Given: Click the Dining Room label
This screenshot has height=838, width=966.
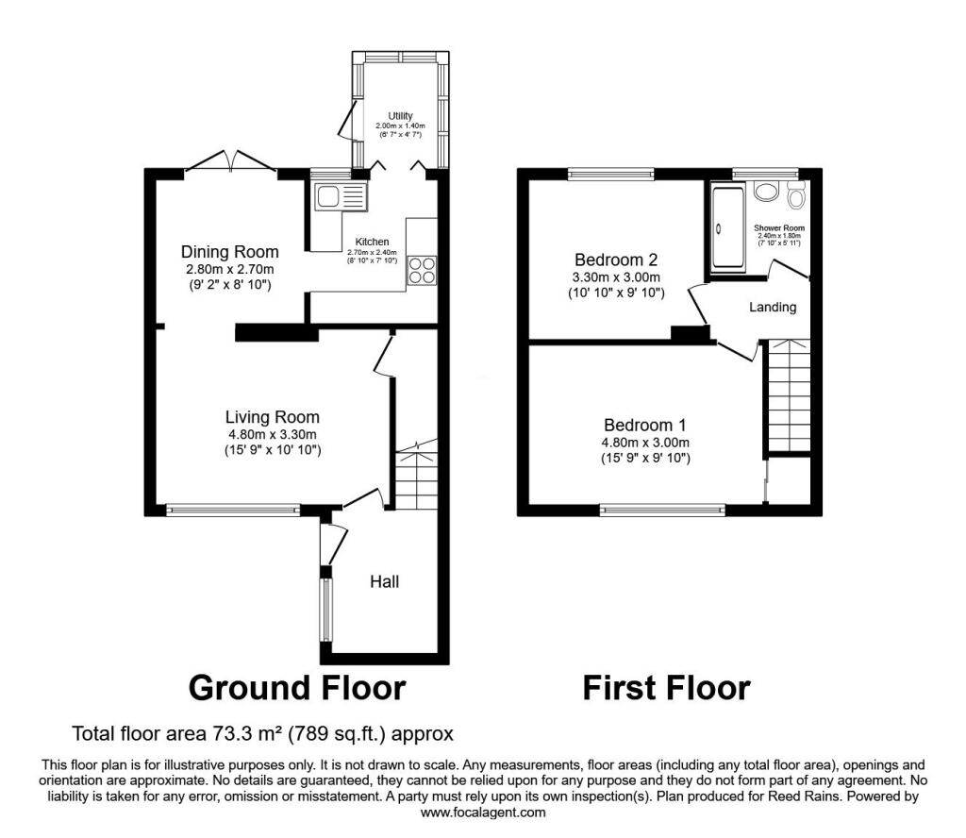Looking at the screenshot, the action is [x=230, y=252].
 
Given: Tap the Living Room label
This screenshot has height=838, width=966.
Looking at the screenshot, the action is [x=273, y=417].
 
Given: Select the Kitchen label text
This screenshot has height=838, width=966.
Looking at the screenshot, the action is [x=372, y=243].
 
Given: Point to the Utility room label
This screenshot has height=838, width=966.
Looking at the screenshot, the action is [x=400, y=116].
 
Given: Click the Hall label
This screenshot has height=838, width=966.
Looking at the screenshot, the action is [x=385, y=581].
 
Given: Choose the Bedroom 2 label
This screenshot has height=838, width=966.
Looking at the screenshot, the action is [x=616, y=260].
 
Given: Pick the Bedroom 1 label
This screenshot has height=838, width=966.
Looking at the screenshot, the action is [x=645, y=426].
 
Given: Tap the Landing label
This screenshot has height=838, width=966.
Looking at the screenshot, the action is [x=773, y=307].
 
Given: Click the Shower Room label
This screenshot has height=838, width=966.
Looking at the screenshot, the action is [x=779, y=228].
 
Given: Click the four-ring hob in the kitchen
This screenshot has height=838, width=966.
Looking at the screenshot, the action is [x=422, y=271].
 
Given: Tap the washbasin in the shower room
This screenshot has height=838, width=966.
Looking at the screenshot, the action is [x=766, y=192].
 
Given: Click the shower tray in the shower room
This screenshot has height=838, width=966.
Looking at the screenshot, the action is [x=728, y=228].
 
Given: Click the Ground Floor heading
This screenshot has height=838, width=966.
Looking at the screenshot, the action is [x=297, y=688].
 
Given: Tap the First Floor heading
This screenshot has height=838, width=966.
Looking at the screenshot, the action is [x=667, y=688].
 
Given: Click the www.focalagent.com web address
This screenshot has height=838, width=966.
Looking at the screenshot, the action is [x=483, y=813].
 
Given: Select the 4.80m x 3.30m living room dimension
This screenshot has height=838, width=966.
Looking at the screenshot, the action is [x=273, y=435].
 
